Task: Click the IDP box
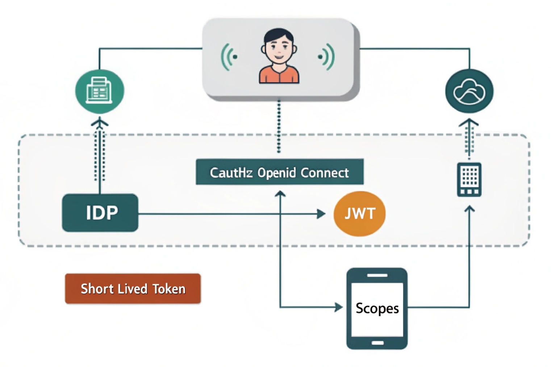click(x=100, y=213)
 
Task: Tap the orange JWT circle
click(x=359, y=214)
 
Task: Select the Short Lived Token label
click(x=133, y=289)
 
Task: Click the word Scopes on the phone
click(x=377, y=308)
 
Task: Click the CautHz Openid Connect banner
click(x=279, y=172)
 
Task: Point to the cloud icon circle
click(x=469, y=91)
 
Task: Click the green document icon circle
click(x=100, y=91)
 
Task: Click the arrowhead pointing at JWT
click(x=321, y=214)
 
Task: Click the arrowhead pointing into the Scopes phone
click(x=339, y=307)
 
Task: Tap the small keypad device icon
click(x=469, y=180)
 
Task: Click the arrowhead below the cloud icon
click(x=469, y=122)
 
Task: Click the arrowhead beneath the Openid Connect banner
click(x=280, y=194)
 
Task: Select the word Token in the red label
click(x=169, y=289)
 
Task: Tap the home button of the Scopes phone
click(x=377, y=343)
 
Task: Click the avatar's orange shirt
click(x=279, y=75)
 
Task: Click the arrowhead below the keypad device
click(x=469, y=208)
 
